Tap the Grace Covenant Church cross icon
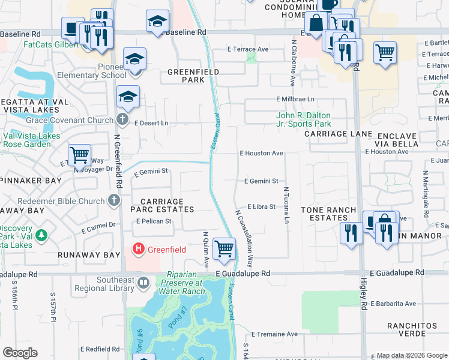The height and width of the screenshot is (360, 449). pyautogui.click(x=122, y=119)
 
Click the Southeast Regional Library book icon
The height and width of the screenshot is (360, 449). pyautogui.click(x=143, y=282)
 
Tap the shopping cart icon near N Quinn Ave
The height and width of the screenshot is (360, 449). pyautogui.click(x=224, y=247)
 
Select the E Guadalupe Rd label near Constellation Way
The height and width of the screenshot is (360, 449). pyautogui.click(x=243, y=273)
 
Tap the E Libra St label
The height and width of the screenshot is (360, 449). pyautogui.click(x=261, y=206)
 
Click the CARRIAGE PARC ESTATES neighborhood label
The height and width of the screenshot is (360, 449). pyautogui.click(x=163, y=205)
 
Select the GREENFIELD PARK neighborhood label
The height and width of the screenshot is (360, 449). pyautogui.click(x=193, y=76)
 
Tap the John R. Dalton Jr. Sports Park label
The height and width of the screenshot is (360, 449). pyautogui.click(x=303, y=120)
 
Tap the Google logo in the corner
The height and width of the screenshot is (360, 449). pyautogui.click(x=20, y=353)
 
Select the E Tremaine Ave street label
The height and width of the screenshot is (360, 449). pyautogui.click(x=274, y=334)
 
